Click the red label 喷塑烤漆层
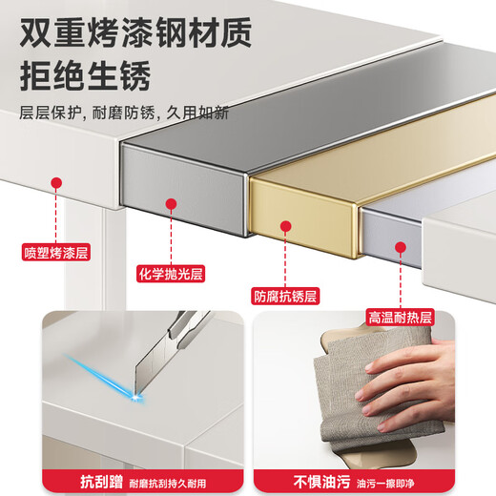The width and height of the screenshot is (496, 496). coord(56,253)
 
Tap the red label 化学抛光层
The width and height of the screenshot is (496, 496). coord(171,274)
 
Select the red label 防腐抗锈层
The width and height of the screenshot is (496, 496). coord(285,296)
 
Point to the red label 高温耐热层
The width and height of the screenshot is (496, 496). coord(400,317)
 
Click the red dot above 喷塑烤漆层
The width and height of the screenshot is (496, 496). coord(56,183)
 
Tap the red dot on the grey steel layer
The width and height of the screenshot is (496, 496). coord(171,204)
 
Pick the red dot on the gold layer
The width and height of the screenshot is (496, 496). coord(286,226)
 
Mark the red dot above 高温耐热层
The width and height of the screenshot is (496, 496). coord(401,247)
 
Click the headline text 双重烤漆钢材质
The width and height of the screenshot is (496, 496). coord(135,32)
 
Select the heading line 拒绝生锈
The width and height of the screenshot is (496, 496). coord(85,76)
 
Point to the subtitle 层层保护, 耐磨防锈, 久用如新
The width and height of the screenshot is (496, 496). coord(124,113)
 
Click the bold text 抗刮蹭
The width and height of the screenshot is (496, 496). coord(101,482)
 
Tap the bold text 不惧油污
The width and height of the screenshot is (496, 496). coord(321,482)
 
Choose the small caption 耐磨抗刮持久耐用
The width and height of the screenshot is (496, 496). coord(168,484)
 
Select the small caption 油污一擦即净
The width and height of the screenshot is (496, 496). coord(385,484)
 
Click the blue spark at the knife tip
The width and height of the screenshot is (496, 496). coord(137,397)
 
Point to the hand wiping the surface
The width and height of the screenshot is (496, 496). coord(408,383)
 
